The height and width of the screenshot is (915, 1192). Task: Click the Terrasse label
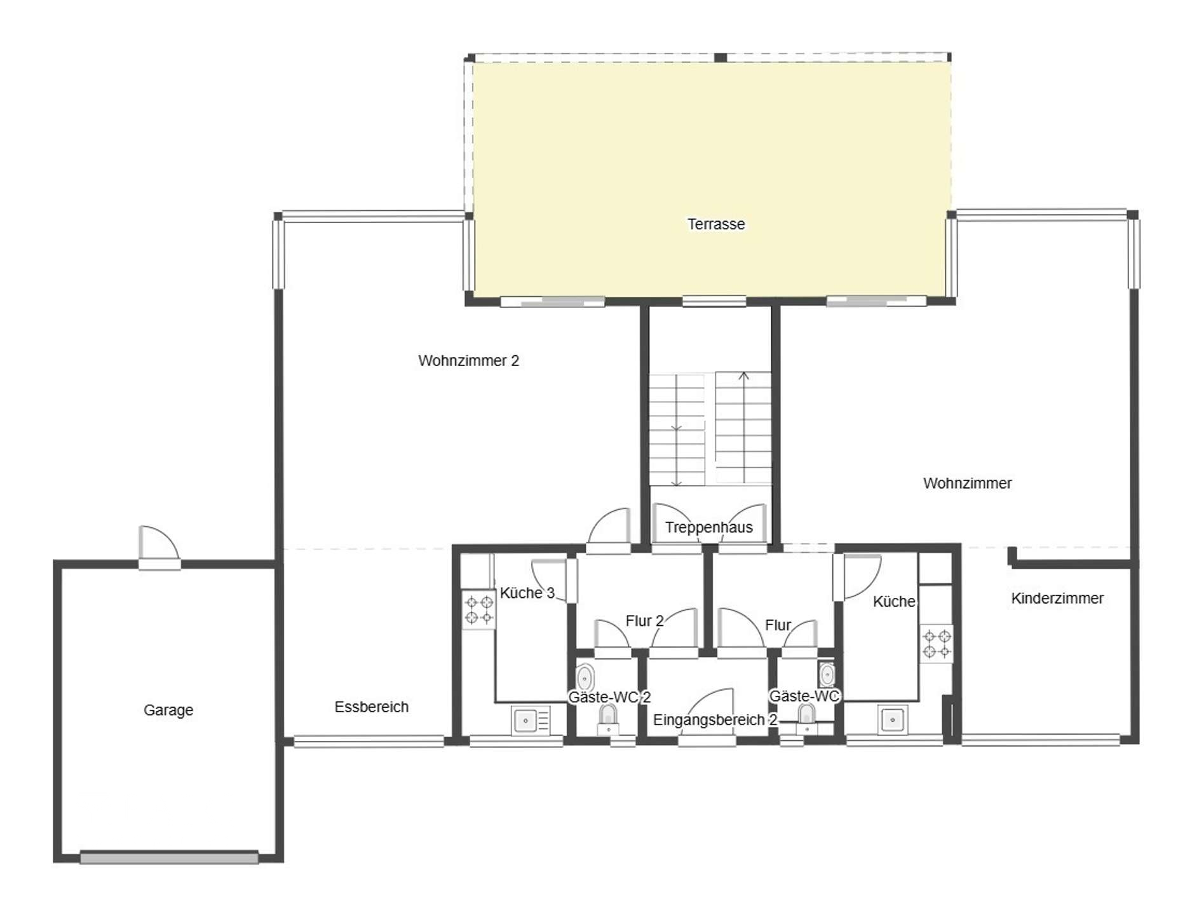716,224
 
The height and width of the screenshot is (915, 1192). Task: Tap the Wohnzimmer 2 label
469,361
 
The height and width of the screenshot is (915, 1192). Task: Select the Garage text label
168,710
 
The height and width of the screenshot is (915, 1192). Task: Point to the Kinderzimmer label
1057,599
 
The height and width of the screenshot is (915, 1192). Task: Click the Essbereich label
372,707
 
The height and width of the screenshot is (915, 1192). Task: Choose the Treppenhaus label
709,527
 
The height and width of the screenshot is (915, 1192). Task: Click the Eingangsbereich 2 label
715,721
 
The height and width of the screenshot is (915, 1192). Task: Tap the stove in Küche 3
479,610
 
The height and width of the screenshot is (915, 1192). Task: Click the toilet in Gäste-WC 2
609,717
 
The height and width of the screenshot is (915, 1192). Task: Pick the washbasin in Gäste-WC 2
585,678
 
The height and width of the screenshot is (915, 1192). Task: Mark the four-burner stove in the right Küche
937,643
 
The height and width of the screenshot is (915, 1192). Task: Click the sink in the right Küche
893,720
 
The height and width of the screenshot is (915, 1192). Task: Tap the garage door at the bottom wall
169,858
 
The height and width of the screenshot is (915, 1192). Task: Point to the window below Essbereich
369,741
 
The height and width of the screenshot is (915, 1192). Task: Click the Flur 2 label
645,621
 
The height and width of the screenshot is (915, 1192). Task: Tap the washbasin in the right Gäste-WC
827,675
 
